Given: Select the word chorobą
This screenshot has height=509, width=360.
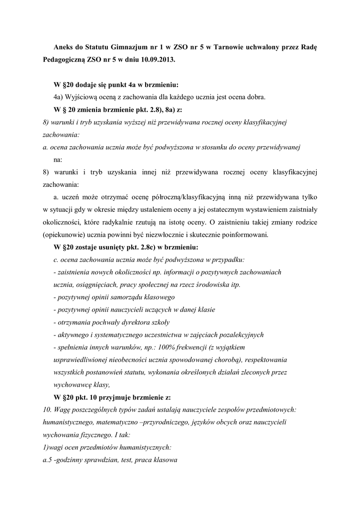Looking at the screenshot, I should tap(225, 359).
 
